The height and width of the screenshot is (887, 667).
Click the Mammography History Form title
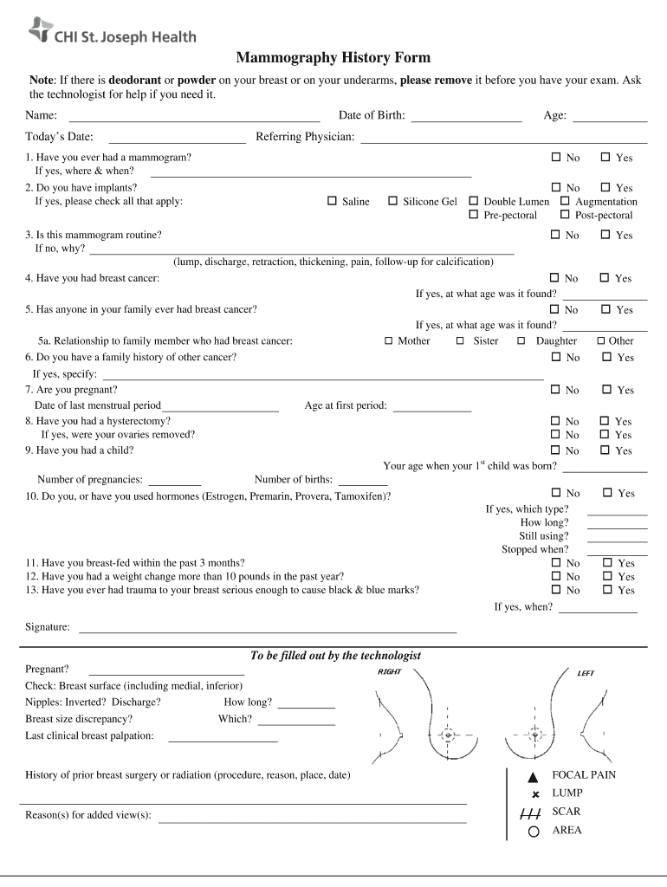[x=333, y=58]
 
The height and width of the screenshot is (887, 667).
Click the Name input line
[x=194, y=116]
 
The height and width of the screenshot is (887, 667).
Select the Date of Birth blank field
[x=466, y=116]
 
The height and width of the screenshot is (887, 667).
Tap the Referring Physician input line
[x=503, y=138]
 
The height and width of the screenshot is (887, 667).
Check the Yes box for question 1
[x=605, y=158]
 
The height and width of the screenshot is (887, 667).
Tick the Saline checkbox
[x=332, y=201]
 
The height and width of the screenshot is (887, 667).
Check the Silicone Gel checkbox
[x=392, y=201]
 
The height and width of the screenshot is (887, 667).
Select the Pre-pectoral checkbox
[x=474, y=214]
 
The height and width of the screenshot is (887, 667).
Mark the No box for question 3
[x=556, y=235]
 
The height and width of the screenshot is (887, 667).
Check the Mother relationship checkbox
[x=389, y=340]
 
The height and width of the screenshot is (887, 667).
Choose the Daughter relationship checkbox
[x=521, y=340]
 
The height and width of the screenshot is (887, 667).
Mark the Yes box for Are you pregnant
[x=605, y=390]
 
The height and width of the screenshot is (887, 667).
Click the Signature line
[x=268, y=628]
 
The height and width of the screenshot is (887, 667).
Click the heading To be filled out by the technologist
[x=335, y=656]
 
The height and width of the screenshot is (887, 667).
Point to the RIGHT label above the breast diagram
[x=389, y=672]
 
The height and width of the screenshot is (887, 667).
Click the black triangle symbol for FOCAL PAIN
[x=534, y=776]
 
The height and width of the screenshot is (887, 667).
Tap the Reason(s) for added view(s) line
[x=313, y=817]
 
